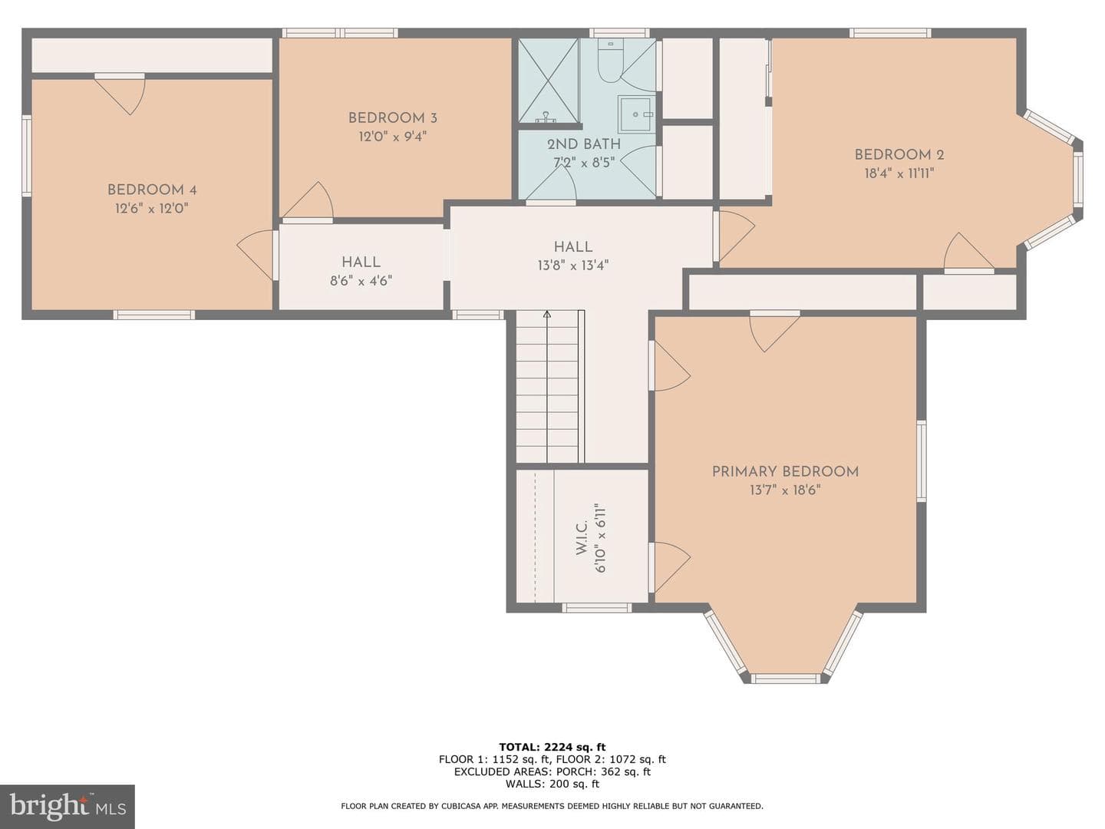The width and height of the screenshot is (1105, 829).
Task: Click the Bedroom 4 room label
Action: [151, 190]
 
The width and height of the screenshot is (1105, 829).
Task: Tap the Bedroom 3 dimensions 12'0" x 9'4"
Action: [393, 137]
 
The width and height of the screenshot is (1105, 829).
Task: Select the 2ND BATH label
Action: [584, 144]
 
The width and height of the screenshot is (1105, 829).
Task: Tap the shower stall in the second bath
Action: [548, 81]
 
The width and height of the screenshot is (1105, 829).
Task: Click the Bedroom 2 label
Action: [899, 154]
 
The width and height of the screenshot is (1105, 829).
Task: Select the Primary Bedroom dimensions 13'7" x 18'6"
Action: [785, 490]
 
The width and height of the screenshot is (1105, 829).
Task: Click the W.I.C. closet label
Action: [582, 538]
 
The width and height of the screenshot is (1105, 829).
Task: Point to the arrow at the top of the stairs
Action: [547, 315]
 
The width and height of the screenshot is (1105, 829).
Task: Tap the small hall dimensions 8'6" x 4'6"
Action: [361, 280]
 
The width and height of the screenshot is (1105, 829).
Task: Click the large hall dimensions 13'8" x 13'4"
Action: [573, 265]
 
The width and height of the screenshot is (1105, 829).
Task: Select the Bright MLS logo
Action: [68, 806]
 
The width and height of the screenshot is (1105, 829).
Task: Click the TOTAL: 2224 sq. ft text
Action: [552, 746]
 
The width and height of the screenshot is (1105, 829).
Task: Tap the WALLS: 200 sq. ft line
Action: [552, 783]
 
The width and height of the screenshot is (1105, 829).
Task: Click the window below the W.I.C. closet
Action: [596, 607]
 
